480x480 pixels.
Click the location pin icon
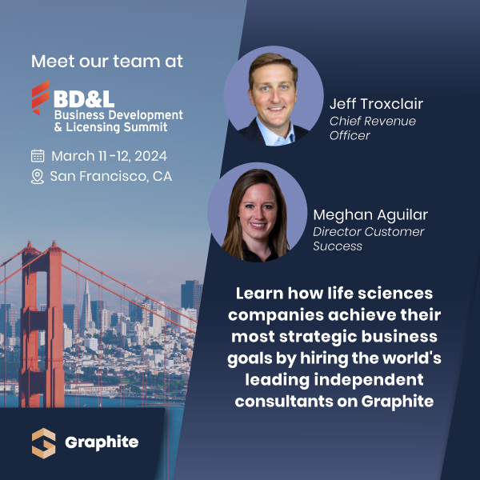pos(38,176)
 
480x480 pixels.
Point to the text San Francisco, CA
pos(110,176)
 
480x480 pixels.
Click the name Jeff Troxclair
pos(376,104)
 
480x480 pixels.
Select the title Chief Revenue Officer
pos(373,128)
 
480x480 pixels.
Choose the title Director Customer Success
pos(368,238)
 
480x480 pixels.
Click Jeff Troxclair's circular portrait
pos(274,96)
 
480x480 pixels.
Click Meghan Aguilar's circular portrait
pos(258,212)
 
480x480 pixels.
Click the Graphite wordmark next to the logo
pos(101,442)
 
